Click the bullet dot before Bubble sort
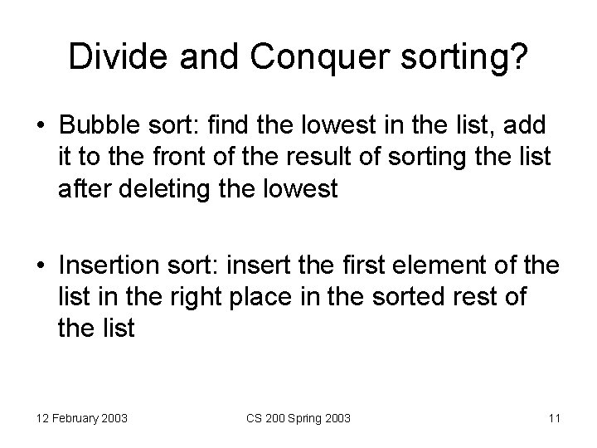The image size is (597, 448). point(41,126)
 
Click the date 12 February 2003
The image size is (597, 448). point(81,418)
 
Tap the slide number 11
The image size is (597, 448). point(553,418)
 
